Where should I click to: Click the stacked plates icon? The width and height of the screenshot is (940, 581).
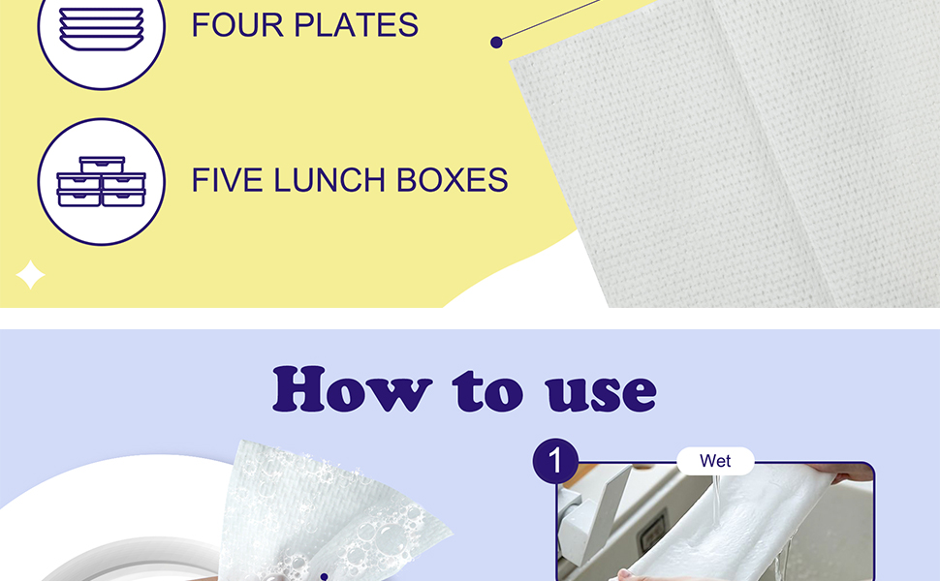point(101,27)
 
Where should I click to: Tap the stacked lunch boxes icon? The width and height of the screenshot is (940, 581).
point(101,182)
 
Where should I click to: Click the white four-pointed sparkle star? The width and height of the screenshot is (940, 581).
point(30,275)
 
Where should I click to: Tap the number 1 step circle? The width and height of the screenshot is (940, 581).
point(555,462)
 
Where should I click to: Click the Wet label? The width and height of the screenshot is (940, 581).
point(715,461)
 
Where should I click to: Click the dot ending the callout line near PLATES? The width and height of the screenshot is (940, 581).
point(496,42)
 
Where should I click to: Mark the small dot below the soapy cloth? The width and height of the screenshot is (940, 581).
point(324,577)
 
